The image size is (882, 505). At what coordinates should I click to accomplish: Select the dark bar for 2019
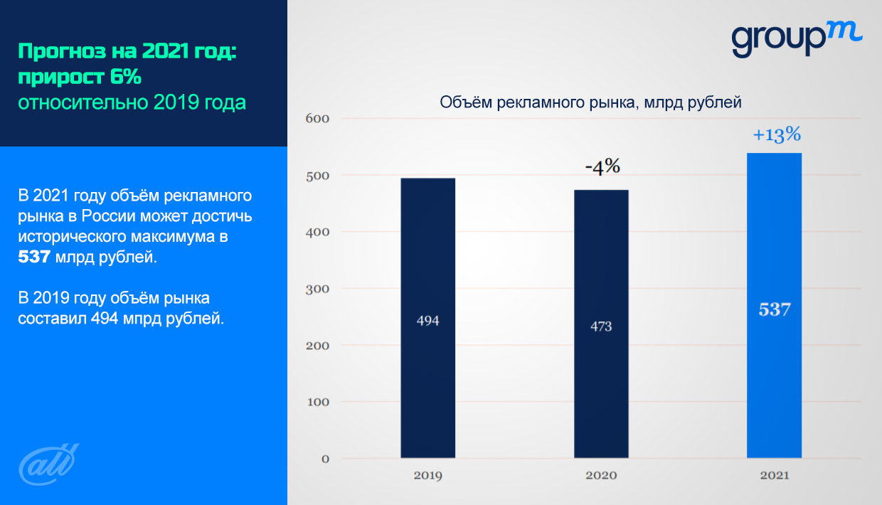click(427, 317)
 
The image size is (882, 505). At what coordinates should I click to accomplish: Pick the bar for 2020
click(601, 324)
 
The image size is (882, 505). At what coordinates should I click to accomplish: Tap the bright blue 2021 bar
click(774, 306)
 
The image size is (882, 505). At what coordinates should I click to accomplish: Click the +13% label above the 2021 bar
click(777, 135)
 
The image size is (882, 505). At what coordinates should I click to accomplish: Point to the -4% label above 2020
click(602, 167)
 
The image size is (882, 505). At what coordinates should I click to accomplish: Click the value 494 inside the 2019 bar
click(427, 321)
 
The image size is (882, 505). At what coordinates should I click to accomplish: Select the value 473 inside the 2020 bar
click(601, 326)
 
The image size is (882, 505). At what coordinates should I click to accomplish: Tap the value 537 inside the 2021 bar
click(775, 311)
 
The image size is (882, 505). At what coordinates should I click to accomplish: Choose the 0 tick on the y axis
click(325, 459)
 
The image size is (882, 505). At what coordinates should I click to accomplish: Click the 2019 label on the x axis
click(427, 475)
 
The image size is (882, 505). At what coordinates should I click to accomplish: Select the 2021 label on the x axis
click(775, 475)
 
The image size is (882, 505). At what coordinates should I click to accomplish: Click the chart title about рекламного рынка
click(590, 102)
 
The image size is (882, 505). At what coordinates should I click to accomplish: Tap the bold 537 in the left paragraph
click(34, 257)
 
